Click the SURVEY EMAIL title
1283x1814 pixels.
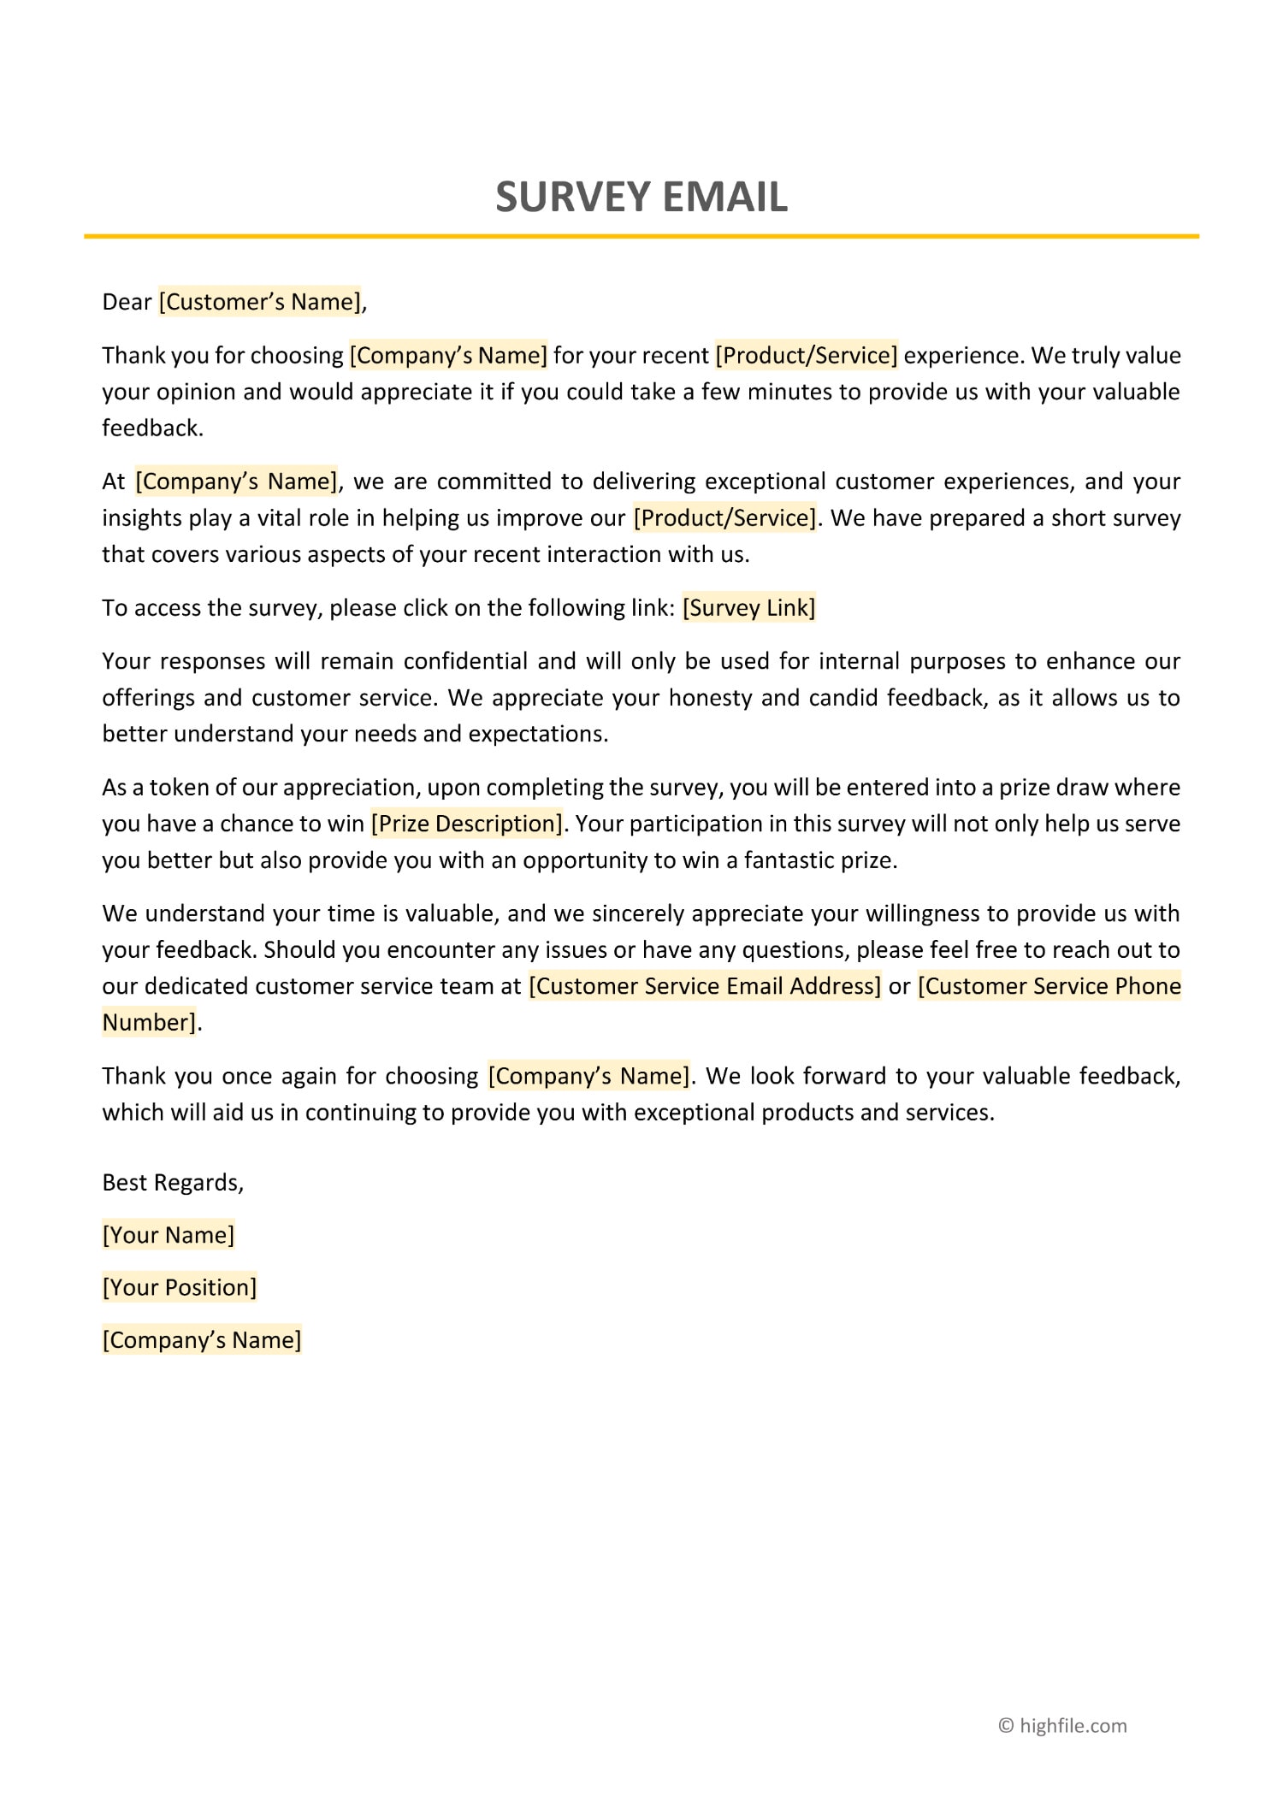pos(641,197)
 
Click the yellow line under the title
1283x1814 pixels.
pos(641,236)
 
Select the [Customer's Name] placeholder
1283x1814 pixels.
pos(260,302)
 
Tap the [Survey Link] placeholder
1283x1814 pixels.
pos(748,608)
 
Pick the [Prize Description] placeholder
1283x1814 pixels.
pos(467,824)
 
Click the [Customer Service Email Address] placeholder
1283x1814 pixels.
pos(705,986)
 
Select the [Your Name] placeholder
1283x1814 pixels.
pos(169,1235)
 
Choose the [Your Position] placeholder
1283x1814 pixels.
pos(180,1287)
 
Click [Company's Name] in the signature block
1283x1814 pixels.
pos(202,1339)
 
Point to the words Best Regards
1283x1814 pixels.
pos(172,1182)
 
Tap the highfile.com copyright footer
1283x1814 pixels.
pos(1062,1726)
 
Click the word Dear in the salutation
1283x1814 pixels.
pos(127,302)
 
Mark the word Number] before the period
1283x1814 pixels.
pos(150,1022)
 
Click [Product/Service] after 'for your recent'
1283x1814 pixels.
pos(807,356)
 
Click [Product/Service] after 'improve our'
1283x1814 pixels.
pos(724,518)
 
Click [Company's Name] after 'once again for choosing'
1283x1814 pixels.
pos(588,1076)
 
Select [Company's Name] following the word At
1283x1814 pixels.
pos(236,482)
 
